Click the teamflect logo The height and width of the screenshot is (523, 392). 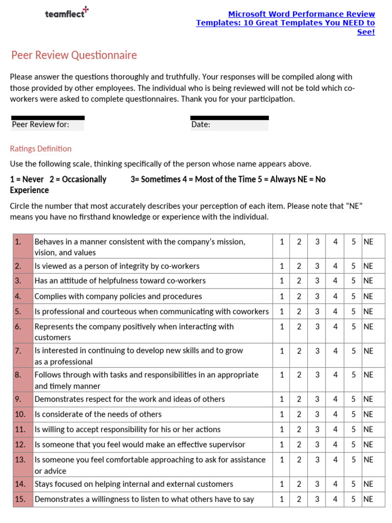66,13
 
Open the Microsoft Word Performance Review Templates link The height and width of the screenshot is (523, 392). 286,23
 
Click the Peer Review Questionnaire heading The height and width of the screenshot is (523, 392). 74,55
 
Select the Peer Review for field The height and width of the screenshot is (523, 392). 48,124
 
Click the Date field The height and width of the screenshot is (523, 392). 229,124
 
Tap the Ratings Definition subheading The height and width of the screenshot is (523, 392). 41,149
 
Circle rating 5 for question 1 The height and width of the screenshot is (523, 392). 353,242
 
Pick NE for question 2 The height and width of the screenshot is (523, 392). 368,266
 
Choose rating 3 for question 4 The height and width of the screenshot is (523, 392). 317,296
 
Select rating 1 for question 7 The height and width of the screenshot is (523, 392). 282,351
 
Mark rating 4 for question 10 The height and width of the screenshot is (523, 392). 335,414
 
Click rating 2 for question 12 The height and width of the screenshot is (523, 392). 299,444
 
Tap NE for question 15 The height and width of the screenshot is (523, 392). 368,499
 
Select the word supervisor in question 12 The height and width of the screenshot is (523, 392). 225,444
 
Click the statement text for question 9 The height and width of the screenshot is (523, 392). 130,399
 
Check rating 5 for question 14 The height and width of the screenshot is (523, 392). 353,484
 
